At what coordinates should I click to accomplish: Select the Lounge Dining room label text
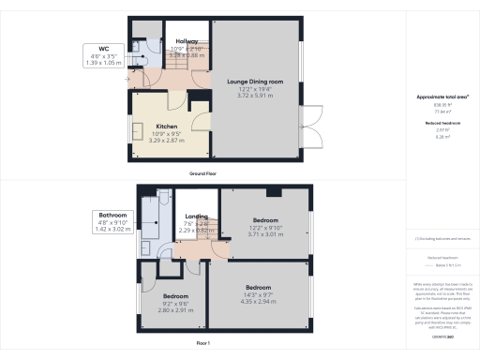coord(255,82)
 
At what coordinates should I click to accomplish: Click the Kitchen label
coord(167,126)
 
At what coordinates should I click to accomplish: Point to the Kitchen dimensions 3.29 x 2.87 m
coord(167,139)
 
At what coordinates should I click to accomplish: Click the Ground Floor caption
coord(204,174)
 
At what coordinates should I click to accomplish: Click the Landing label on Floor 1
coord(196,216)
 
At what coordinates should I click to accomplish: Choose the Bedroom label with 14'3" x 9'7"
coord(258,286)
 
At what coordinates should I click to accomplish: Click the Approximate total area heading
coord(442,97)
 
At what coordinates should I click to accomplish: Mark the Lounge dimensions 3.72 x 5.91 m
coord(255,95)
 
